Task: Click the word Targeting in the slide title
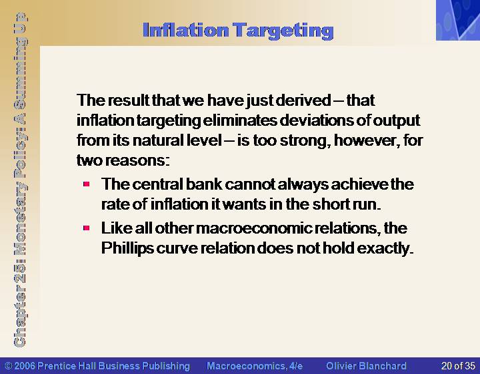(x=283, y=31)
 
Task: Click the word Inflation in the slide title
(x=185, y=30)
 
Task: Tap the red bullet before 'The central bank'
(x=86, y=184)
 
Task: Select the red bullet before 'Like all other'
(x=86, y=228)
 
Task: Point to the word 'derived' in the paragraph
(x=303, y=100)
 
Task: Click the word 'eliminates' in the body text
(x=240, y=120)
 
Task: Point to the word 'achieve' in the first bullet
(x=360, y=184)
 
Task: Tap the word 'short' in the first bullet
(x=331, y=204)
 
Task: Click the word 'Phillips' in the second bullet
(x=127, y=248)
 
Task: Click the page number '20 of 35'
(x=458, y=366)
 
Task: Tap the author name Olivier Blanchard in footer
(x=366, y=366)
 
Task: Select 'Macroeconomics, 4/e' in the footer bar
(x=255, y=366)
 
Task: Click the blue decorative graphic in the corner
(x=458, y=20)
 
